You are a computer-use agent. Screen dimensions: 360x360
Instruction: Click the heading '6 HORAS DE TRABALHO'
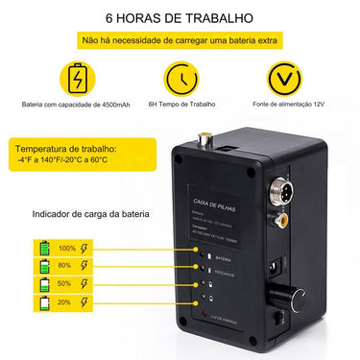point(180,18)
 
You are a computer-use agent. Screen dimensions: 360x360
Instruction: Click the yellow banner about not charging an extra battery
point(180,42)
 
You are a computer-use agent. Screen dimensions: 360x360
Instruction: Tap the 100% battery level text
point(67,248)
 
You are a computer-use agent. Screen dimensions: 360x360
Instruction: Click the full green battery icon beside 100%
point(44,248)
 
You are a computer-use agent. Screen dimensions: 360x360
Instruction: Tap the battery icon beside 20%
point(44,303)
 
